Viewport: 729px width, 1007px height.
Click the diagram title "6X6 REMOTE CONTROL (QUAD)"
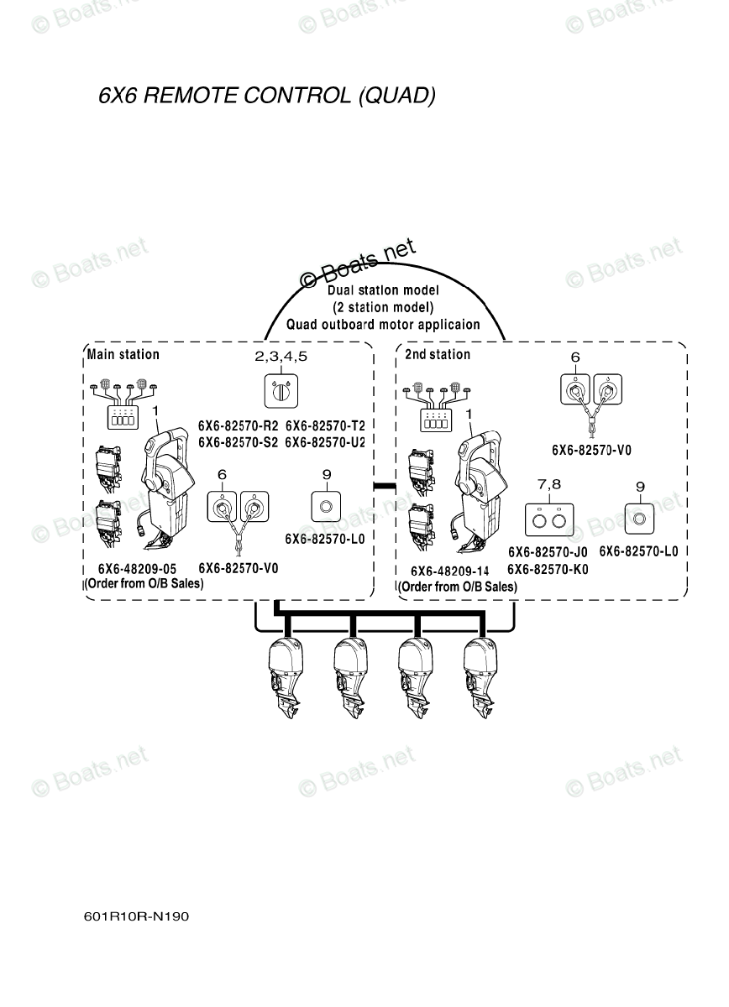(x=267, y=95)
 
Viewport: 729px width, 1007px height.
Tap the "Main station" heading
(x=123, y=354)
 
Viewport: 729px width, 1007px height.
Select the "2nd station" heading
(x=438, y=354)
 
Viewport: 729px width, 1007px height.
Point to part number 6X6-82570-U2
(x=325, y=441)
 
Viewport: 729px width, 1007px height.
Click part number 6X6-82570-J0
(x=548, y=552)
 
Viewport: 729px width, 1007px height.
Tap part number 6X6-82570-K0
(x=548, y=569)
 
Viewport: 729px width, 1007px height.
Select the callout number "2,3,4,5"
(x=281, y=357)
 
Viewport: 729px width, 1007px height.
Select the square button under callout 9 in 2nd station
(x=640, y=518)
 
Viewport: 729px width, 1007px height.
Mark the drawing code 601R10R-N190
(x=136, y=916)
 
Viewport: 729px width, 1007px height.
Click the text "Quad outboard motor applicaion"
(x=383, y=325)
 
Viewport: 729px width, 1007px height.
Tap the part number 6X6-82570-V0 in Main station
(x=239, y=568)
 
